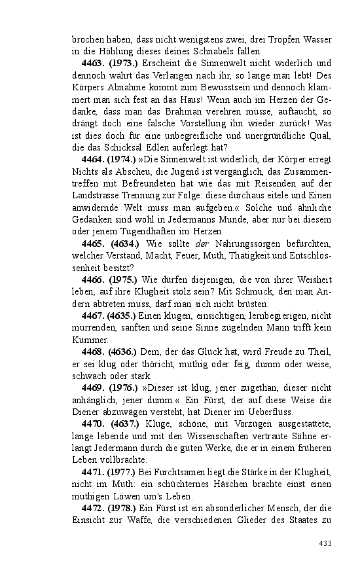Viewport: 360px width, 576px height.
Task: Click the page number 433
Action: point(325,543)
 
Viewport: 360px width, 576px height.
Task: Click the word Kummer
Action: point(88,340)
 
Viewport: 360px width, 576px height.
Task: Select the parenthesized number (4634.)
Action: point(124,244)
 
